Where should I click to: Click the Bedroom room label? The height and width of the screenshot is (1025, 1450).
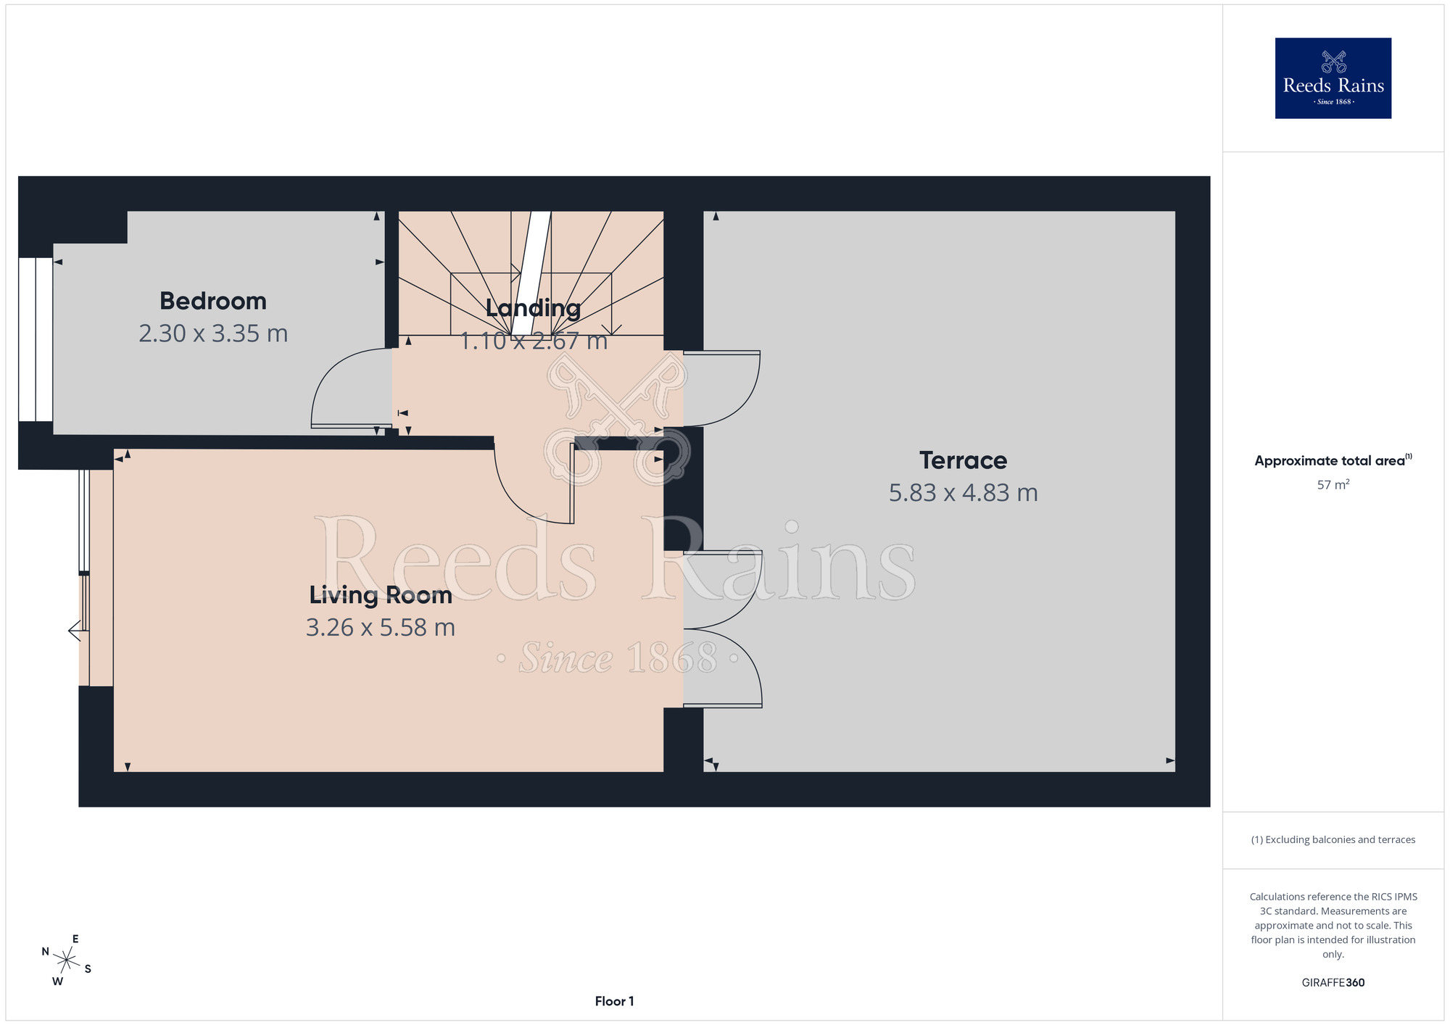click(x=213, y=301)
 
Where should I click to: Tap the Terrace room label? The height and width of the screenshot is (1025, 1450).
click(x=963, y=460)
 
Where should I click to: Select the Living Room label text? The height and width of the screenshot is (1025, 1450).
click(x=381, y=595)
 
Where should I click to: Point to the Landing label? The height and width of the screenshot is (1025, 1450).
click(x=533, y=308)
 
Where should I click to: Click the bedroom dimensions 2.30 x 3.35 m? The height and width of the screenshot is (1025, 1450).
click(x=213, y=333)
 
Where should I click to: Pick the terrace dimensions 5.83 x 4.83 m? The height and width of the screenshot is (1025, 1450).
click(x=963, y=493)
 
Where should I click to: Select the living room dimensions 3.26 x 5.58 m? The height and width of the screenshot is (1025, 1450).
click(x=381, y=628)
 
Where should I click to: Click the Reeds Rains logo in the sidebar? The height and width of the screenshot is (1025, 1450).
click(x=1333, y=78)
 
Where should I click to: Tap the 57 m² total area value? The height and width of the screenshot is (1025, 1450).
click(x=1333, y=485)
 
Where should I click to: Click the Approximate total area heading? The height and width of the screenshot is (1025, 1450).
click(x=1333, y=460)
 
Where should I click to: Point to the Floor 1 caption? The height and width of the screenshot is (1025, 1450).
click(x=614, y=1001)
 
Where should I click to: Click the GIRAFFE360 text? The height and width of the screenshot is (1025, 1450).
click(x=1333, y=983)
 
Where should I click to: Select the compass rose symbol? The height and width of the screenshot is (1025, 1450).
click(x=66, y=960)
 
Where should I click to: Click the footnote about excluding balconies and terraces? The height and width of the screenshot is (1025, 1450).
click(x=1333, y=839)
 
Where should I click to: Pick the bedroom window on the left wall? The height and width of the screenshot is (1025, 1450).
click(x=36, y=339)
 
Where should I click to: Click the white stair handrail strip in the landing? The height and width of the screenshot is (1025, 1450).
click(x=531, y=275)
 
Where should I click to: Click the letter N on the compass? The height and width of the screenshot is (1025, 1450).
click(x=46, y=952)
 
